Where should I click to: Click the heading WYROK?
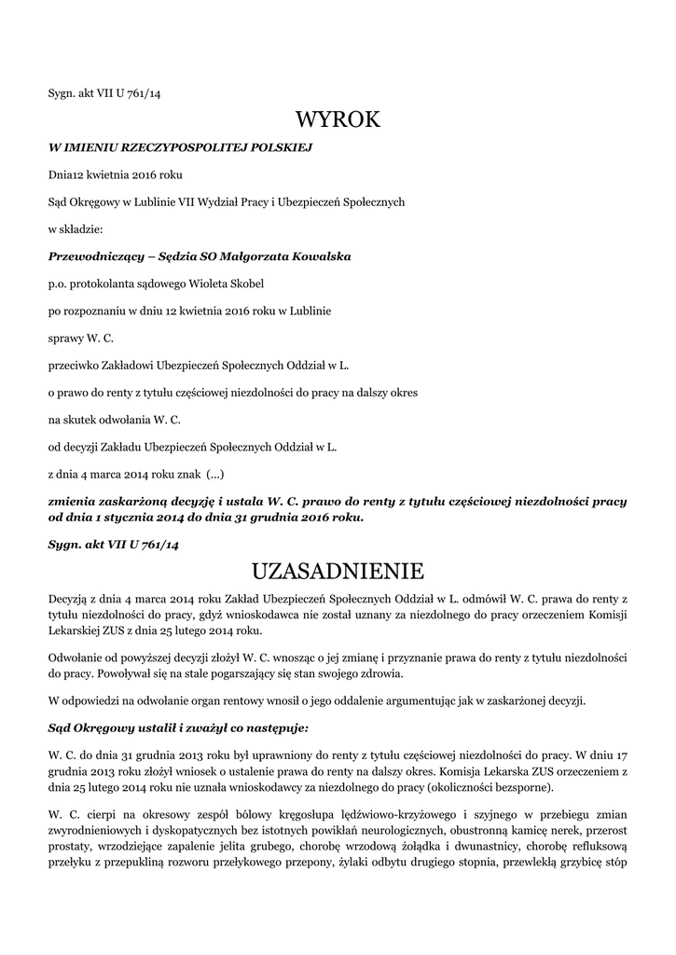tap(338, 119)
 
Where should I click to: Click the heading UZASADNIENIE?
tap(338, 569)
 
